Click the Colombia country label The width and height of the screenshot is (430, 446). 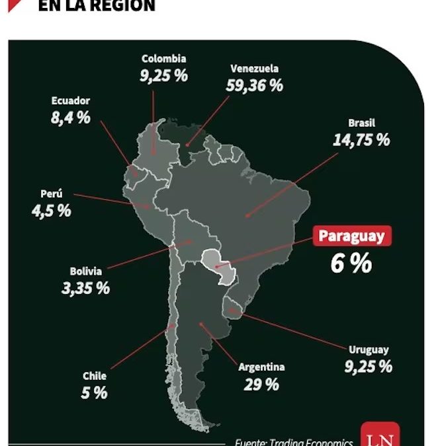(x=163, y=59)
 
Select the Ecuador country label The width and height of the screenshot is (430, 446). (x=70, y=101)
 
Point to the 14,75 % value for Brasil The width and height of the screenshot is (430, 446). (x=361, y=140)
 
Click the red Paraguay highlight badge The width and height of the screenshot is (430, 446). (x=352, y=237)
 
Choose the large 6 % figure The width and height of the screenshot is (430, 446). (x=351, y=264)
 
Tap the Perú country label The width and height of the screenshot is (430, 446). (x=51, y=194)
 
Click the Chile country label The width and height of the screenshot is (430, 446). (x=95, y=376)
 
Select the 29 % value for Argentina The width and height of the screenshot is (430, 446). (x=261, y=385)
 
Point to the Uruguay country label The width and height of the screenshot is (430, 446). (x=368, y=350)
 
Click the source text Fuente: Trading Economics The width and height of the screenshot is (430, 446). (x=294, y=442)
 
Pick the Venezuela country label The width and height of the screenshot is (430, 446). (x=255, y=68)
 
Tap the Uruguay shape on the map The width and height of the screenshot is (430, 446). (x=234, y=306)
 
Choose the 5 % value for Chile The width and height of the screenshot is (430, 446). (x=95, y=392)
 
